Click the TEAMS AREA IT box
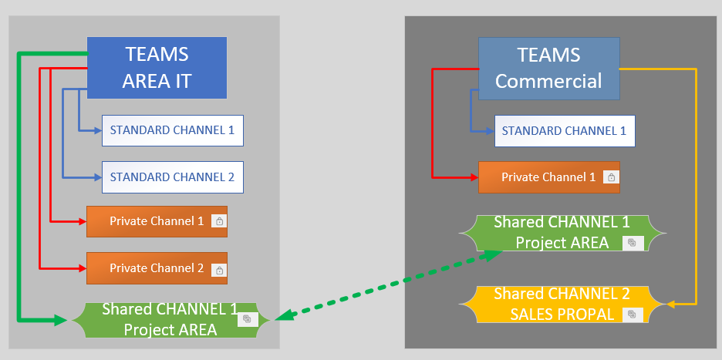(157, 68)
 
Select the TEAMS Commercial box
(548, 68)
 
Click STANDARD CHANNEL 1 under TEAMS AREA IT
(172, 130)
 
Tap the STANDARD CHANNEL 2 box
(172, 177)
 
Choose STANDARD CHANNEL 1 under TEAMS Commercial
(564, 131)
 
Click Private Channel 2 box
(157, 268)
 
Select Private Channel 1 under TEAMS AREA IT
(157, 221)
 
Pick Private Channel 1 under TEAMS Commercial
(548, 177)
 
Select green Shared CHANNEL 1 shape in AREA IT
(170, 319)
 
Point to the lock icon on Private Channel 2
(219, 270)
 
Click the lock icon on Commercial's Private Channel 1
(611, 178)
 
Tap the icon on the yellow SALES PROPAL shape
(632, 314)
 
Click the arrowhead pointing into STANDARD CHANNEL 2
(97, 177)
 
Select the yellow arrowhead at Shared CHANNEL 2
(670, 304)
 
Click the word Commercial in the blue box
(548, 81)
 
